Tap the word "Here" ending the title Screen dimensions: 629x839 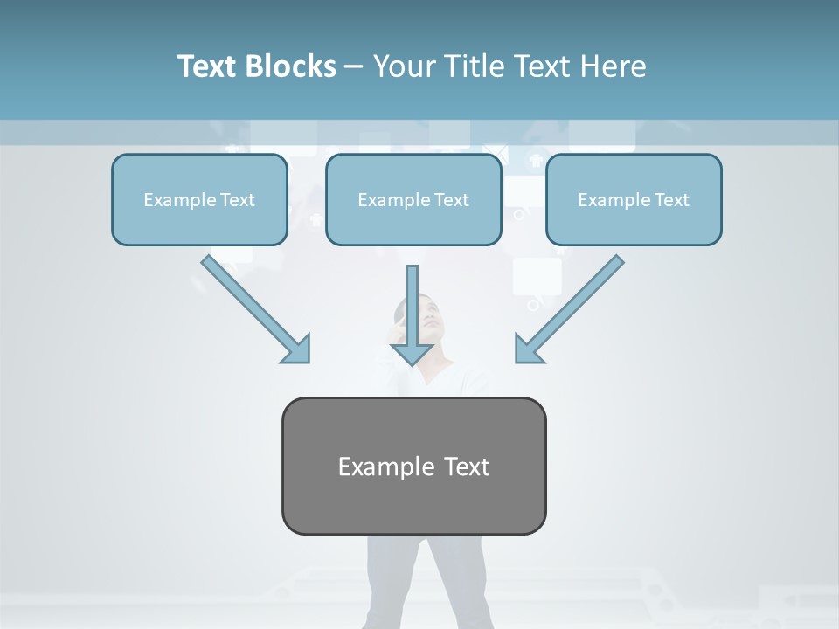pos(616,66)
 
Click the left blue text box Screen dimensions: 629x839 pos(199,199)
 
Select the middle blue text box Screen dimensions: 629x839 pos(413,199)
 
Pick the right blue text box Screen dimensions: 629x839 pos(634,199)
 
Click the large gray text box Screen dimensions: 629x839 pos(414,466)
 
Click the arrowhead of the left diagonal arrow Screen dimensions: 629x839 pos(297,349)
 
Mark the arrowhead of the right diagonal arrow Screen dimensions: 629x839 pos(528,349)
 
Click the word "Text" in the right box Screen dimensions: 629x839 pos(672,200)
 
